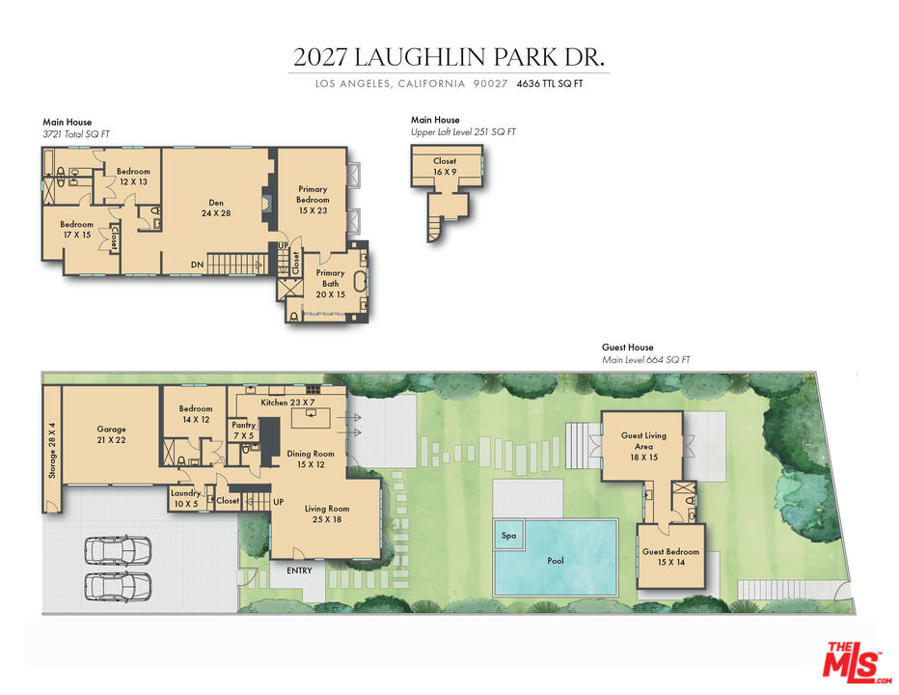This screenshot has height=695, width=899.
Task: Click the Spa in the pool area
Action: [507, 535]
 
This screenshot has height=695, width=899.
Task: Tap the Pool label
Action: [556, 560]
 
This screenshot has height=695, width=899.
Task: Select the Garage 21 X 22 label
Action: [111, 434]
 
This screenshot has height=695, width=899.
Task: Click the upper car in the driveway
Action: [118, 551]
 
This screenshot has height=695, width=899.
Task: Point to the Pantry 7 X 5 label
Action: [243, 430]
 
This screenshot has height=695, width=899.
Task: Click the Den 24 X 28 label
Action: [217, 208]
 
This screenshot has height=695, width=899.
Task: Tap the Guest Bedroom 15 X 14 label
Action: [670, 556]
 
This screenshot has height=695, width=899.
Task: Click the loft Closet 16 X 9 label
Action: [445, 166]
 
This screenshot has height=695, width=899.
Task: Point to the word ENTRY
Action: [299, 570]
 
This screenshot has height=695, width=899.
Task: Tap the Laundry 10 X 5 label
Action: [186, 498]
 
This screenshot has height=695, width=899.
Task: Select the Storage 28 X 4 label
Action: [52, 450]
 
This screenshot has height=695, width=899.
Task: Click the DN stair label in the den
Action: [197, 264]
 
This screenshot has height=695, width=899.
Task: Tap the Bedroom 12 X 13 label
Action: [133, 177]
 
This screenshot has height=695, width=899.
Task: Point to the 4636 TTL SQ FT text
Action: [550, 84]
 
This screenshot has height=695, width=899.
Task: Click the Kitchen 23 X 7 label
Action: [288, 402]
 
